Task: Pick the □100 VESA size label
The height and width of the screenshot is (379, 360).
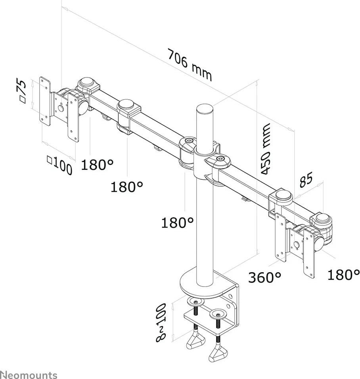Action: (59, 165)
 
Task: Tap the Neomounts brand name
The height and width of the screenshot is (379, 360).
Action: (29, 374)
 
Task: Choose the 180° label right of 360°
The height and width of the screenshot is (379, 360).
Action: (344, 274)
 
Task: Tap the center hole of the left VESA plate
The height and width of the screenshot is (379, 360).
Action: (61, 107)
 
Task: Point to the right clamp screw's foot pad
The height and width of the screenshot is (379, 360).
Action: (218, 352)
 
